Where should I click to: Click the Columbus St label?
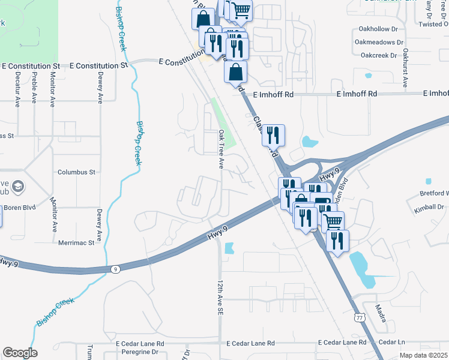tap(76, 172)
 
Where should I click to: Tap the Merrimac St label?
tap(76, 243)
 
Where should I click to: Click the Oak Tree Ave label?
tap(221, 149)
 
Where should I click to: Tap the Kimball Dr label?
tap(429, 207)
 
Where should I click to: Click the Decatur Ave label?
tap(17, 89)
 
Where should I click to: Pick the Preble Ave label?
tap(34, 89)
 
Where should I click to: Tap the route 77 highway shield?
tap(358, 316)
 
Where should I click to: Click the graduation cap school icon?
tap(17, 186)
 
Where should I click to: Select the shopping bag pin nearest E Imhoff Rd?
tap(235, 73)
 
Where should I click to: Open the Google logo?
tap(20, 353)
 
